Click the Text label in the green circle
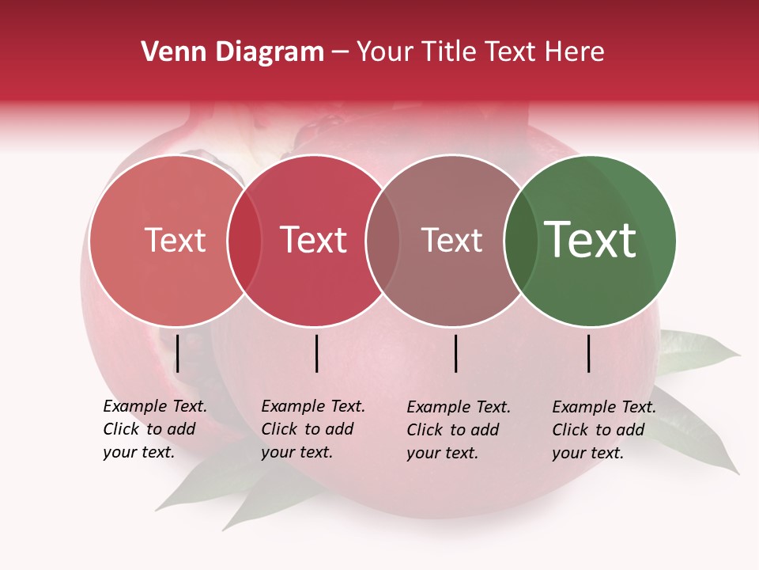pos(591,240)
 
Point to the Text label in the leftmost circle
pos(175,240)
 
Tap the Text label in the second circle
pos(314,240)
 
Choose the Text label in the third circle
pos(451,240)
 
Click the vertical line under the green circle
pos(589,353)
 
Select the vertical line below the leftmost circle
pos(178,353)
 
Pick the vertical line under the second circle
pos(316,353)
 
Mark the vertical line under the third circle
pos(456,353)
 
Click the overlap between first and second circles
pos(244,240)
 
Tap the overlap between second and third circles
pos(383,240)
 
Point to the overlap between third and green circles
pos(521,240)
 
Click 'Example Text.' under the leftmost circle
pos(155,407)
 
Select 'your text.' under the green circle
pos(587,453)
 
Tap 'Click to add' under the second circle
pos(307,429)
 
